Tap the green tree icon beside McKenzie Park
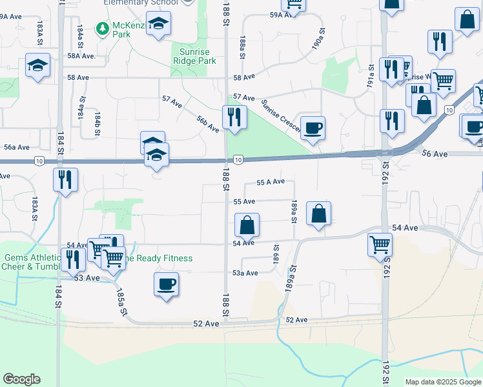[102, 28]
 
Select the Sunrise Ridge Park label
[194, 55]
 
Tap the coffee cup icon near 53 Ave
[167, 283]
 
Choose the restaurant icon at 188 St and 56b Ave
[234, 117]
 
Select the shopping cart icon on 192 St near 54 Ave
[380, 244]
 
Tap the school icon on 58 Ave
[38, 66]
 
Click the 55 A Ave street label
[271, 182]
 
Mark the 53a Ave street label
[245, 273]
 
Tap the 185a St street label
[121, 302]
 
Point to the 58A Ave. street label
[81, 56]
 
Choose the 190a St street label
[318, 38]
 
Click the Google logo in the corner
[21, 379]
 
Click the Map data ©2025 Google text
[443, 382]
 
